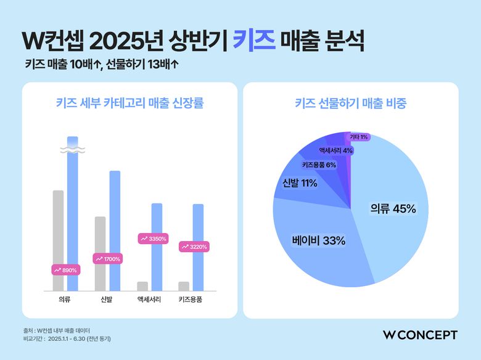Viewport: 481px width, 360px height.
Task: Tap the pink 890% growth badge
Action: (65, 270)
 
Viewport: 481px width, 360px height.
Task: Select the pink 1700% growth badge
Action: (108, 259)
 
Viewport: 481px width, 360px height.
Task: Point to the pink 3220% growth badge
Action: (194, 247)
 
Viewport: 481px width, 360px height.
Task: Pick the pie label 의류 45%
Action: (393, 208)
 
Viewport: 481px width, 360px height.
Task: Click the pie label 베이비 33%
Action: (319, 240)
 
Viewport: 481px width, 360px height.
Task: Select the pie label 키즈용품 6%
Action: (319, 165)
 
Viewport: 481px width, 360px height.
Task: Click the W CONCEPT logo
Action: (420, 335)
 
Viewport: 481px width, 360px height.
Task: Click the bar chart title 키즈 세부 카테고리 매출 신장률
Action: (129, 103)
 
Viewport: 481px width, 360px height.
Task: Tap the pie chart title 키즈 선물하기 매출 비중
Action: (350, 103)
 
